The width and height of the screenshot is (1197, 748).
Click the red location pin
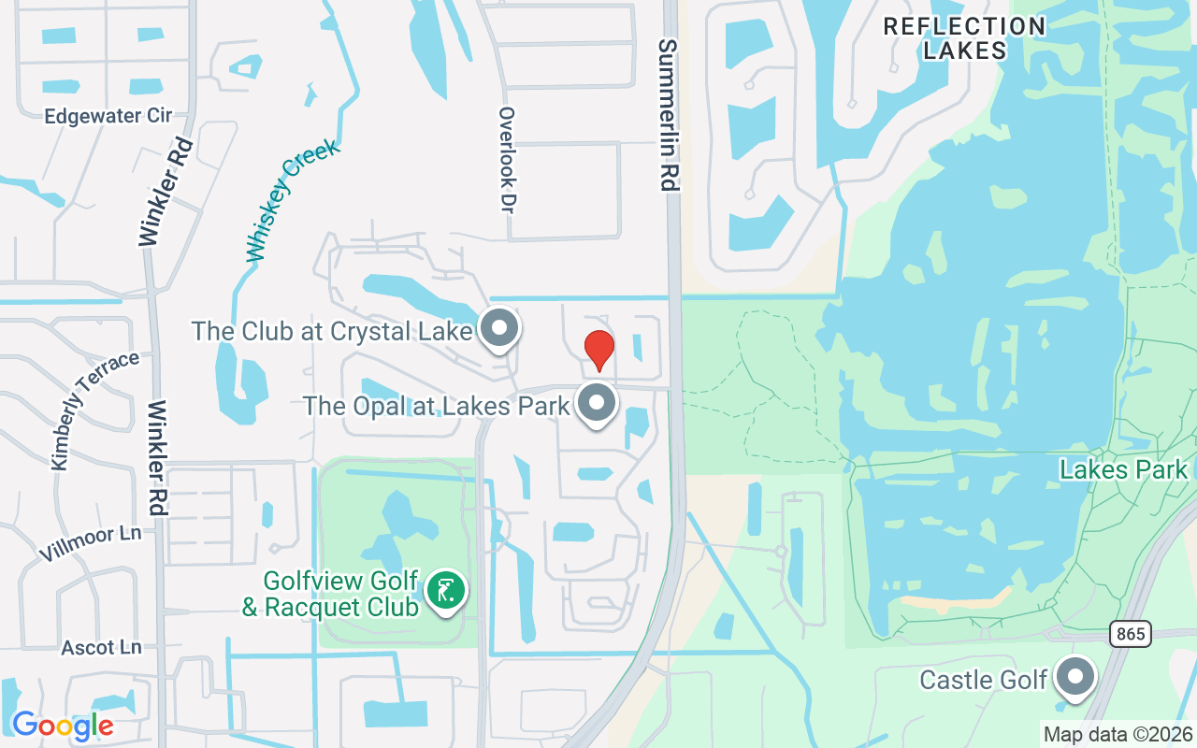(598, 350)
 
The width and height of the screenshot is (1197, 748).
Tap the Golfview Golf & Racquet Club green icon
(446, 590)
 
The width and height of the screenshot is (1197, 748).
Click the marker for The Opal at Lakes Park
(598, 404)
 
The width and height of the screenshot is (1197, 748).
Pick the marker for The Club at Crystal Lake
(499, 328)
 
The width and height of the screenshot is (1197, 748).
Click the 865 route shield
(1131, 634)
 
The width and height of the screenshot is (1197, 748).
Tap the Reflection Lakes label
(964, 38)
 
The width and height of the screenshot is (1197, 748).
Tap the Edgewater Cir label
(108, 116)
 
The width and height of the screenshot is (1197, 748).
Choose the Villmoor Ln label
(90, 543)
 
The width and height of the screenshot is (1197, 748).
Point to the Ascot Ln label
(101, 647)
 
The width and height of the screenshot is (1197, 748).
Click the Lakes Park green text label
(1122, 469)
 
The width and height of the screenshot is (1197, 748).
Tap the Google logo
(62, 725)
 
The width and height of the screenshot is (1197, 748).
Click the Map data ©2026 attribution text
(1117, 735)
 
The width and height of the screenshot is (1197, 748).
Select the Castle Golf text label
(983, 680)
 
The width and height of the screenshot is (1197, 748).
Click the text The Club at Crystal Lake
(332, 331)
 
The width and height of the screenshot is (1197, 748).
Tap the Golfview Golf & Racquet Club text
(330, 594)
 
